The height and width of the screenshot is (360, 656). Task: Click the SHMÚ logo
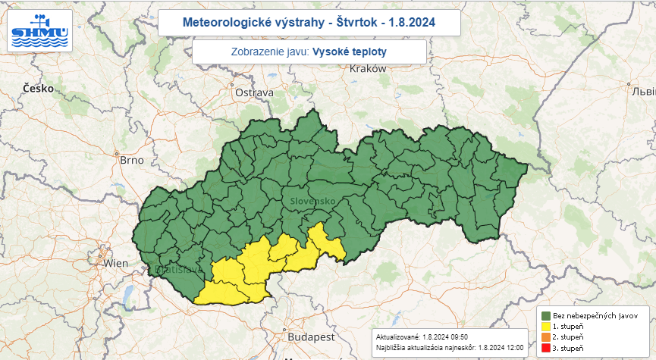[x=39, y=31]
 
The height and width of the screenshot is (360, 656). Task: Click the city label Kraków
[x=369, y=69]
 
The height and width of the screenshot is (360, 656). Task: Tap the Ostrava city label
[x=253, y=92]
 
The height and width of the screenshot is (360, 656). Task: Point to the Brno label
[x=131, y=160]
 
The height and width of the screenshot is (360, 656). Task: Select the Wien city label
[x=116, y=263]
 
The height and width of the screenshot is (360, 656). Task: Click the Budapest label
[x=310, y=336]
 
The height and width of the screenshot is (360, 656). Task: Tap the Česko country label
[x=38, y=88]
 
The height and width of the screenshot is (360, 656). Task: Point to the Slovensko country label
[x=312, y=201]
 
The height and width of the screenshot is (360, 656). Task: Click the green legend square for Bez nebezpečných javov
[x=545, y=315]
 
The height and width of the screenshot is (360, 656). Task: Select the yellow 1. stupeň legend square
[x=545, y=326]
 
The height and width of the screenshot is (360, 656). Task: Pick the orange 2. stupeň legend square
[x=545, y=337]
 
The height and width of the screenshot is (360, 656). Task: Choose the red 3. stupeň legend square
[x=545, y=348]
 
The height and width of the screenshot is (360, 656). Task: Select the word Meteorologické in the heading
[x=230, y=22]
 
